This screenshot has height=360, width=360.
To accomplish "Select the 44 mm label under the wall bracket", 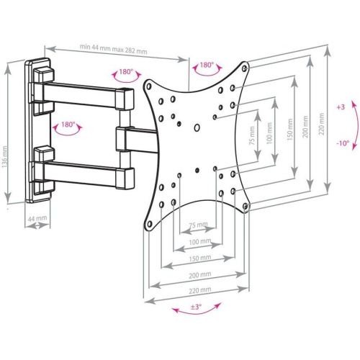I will pyautogui.click(x=38, y=217).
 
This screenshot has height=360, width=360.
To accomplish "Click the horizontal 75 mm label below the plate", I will pyautogui.click(x=197, y=225).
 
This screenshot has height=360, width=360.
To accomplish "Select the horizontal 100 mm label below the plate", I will pyautogui.click(x=197, y=242).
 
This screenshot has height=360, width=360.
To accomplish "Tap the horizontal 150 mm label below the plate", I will pyautogui.click(x=197, y=258).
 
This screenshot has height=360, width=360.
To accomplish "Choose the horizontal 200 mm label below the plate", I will pyautogui.click(x=197, y=274).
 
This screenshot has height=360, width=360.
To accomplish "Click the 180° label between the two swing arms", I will pyautogui.click(x=68, y=125).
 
